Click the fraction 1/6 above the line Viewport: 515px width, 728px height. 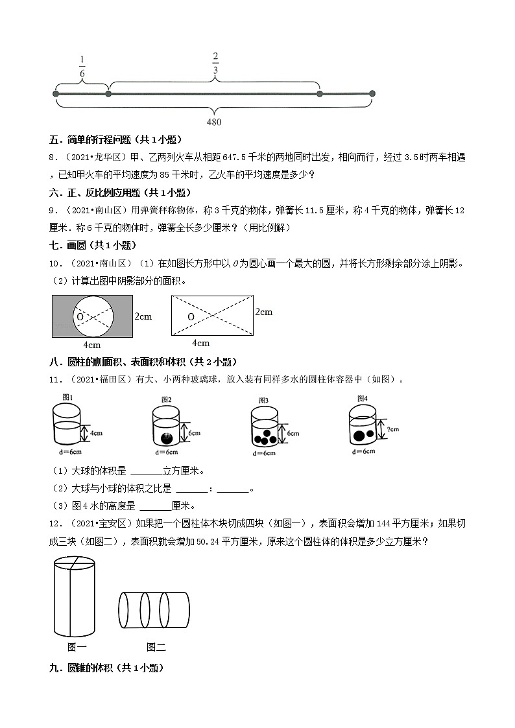[82, 67]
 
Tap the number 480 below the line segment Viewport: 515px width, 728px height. [213, 122]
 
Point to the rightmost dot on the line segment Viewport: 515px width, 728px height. [372, 94]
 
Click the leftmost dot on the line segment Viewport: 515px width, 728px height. [56, 94]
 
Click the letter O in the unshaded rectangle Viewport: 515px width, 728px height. [191, 316]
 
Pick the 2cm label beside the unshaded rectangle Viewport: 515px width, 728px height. [263, 312]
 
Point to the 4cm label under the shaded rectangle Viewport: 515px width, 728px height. [92, 345]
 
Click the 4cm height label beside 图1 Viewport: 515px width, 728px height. [96, 432]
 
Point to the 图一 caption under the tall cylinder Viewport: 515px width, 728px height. [77, 646]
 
